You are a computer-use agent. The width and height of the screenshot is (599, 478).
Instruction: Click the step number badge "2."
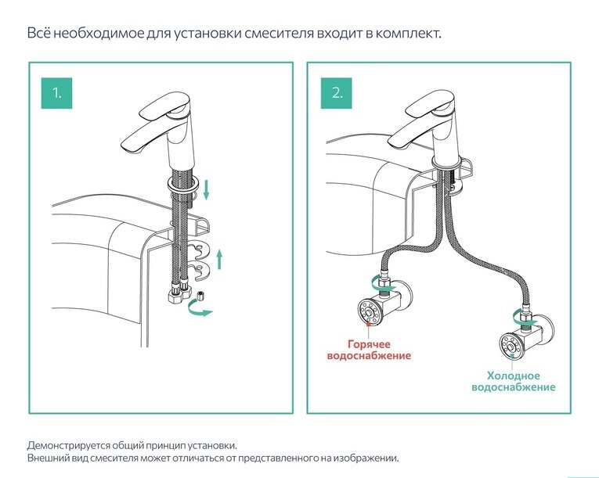tap(337, 93)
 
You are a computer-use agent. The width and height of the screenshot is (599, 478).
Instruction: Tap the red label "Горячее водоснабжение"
tap(368, 350)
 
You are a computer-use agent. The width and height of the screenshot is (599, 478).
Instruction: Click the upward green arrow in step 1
tap(220, 259)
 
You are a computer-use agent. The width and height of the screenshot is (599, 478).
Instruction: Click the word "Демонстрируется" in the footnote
tap(65, 444)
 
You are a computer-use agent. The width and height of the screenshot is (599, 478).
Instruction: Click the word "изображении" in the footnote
tap(368, 458)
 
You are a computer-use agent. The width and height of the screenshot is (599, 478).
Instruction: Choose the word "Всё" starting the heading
tap(37, 34)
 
